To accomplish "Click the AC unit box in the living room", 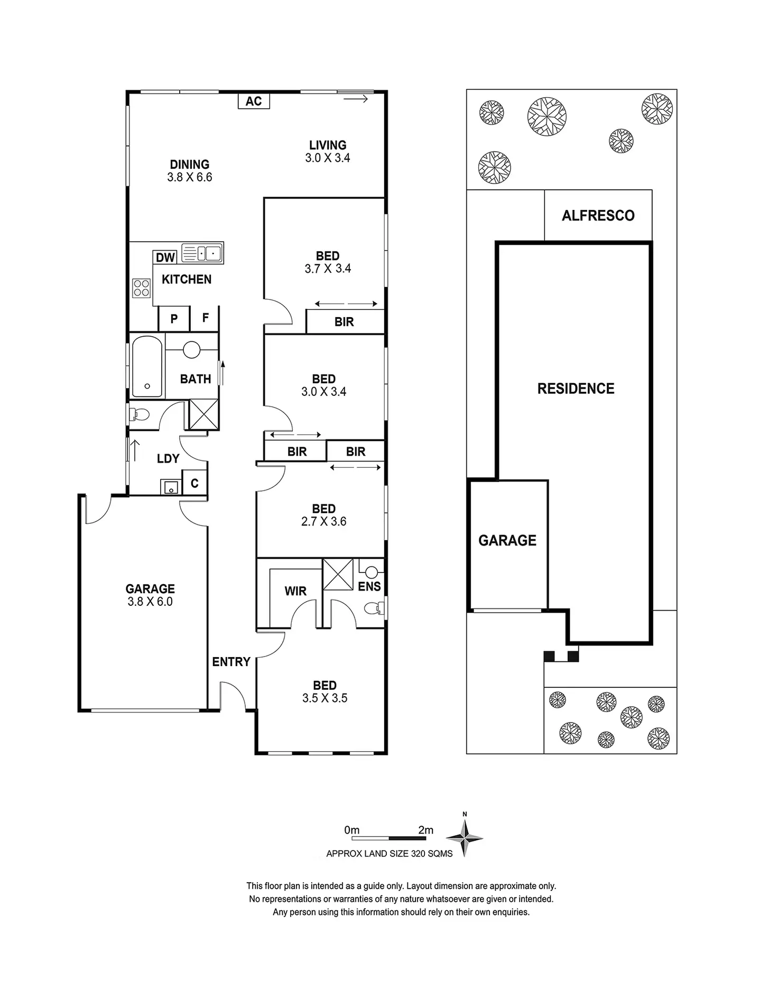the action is [x=254, y=101].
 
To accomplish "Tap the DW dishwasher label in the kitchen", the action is [x=165, y=257].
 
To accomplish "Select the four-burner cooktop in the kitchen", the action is [x=142, y=288].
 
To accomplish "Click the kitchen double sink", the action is [x=202, y=253].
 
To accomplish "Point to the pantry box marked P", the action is [x=174, y=319].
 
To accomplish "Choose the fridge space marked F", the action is [x=206, y=318].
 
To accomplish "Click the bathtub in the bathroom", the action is [x=147, y=366].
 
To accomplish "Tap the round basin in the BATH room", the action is [x=191, y=349].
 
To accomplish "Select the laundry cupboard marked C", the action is [x=195, y=483].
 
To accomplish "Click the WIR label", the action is [x=295, y=591].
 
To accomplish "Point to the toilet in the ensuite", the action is [x=374, y=608].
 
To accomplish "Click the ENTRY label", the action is [x=231, y=662].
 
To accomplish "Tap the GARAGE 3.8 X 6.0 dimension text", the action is [x=150, y=602].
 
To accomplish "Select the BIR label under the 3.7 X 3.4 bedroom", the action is [x=344, y=322].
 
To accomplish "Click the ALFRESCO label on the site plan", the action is [x=598, y=216].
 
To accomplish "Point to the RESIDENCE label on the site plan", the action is [x=576, y=389].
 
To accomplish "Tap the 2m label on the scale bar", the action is [x=425, y=830].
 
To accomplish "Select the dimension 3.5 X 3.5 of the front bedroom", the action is [x=325, y=698].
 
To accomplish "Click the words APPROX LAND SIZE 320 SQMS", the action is [x=390, y=854].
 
